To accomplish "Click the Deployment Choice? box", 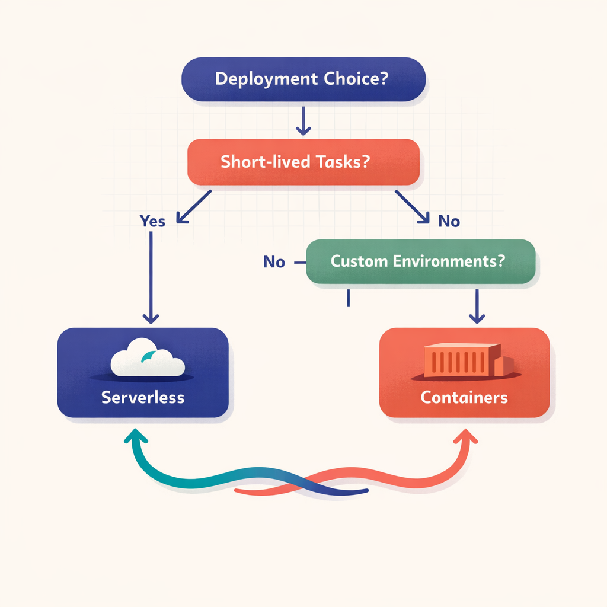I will point(302,79).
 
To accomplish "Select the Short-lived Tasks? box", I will point(303,162).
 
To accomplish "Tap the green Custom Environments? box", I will point(421,261).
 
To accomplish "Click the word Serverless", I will point(143,397).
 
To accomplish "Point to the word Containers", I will point(464,397).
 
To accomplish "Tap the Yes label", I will point(152,221).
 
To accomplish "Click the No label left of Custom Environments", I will point(274,262).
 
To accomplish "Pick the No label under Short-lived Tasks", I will point(449,222).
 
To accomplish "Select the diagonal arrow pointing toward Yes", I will point(194,207).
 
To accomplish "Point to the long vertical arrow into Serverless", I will point(152,279).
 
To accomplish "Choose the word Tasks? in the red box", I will point(342,162).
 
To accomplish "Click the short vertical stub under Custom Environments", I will point(348,298).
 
